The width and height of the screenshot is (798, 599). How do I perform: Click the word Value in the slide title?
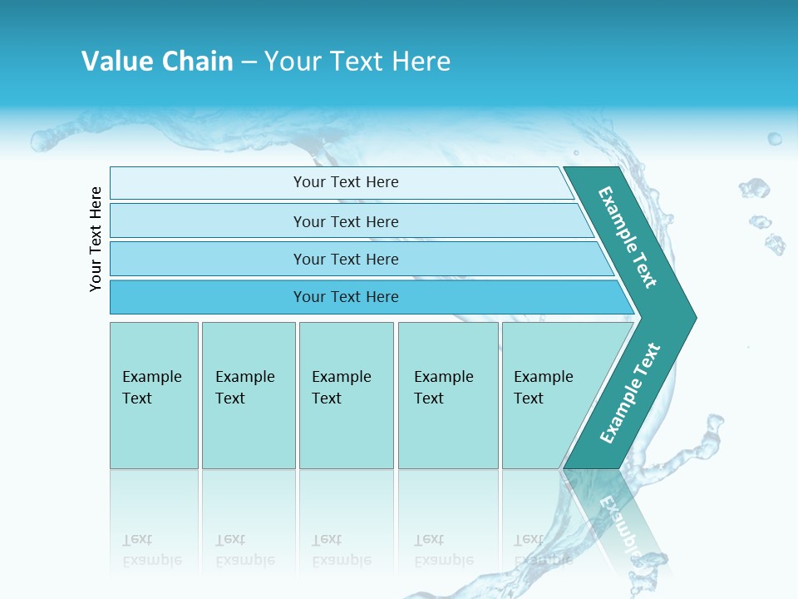pos(116,62)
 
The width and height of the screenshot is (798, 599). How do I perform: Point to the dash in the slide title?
pos(249,62)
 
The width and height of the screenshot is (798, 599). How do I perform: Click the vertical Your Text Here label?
pos(96,239)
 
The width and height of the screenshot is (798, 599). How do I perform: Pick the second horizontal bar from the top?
pos(345,221)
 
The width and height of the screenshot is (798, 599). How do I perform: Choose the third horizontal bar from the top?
pos(346,259)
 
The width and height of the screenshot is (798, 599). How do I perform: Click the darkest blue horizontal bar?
pos(346,297)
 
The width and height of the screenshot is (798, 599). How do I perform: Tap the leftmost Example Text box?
pos(154,394)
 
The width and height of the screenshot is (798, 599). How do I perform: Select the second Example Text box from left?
pos(248,394)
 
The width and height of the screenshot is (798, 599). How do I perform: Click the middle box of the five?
pos(346,394)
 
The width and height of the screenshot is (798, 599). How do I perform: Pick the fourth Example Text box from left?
pos(448,394)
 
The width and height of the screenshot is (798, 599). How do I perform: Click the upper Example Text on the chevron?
pos(628,237)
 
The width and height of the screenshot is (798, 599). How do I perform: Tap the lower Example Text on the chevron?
pos(629,394)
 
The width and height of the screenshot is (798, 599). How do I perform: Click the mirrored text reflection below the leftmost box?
pos(152,550)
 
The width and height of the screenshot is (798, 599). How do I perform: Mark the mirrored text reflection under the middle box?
pos(342,550)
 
